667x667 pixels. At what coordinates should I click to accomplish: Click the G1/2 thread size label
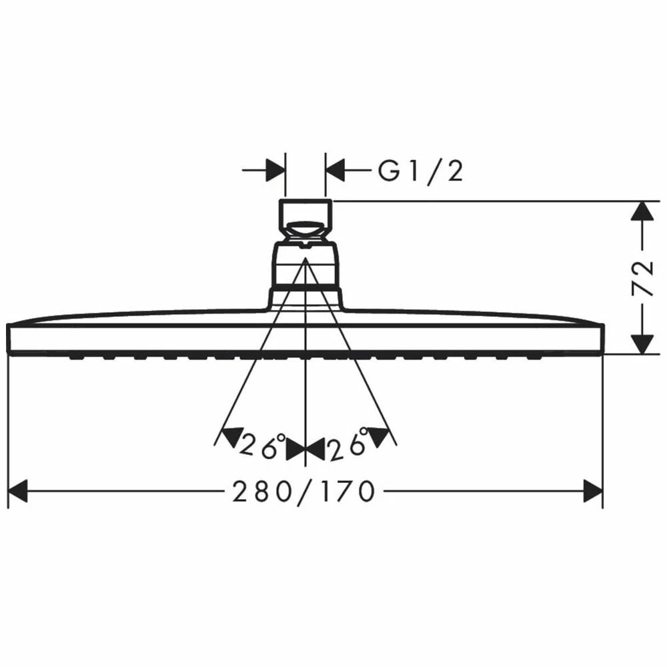pyautogui.click(x=420, y=172)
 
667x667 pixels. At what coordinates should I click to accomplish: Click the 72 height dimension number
pyautogui.click(x=642, y=279)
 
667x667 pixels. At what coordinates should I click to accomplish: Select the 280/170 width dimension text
pyautogui.click(x=303, y=492)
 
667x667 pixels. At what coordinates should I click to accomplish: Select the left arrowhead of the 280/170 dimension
pyautogui.click(x=18, y=492)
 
